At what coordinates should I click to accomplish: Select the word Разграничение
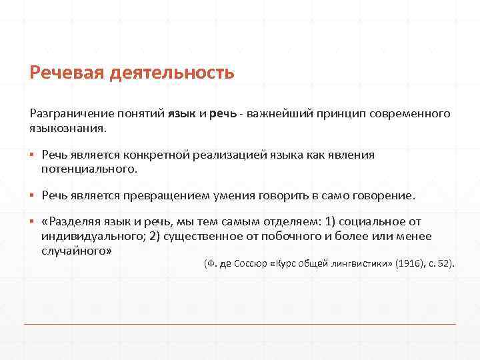tap(71, 113)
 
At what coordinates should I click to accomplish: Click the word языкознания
tap(67, 127)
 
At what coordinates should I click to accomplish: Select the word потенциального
tap(89, 169)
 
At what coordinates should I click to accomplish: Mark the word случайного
tap(76, 250)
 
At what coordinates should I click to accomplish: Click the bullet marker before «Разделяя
tap(31, 222)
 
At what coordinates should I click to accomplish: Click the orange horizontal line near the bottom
tap(240, 325)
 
